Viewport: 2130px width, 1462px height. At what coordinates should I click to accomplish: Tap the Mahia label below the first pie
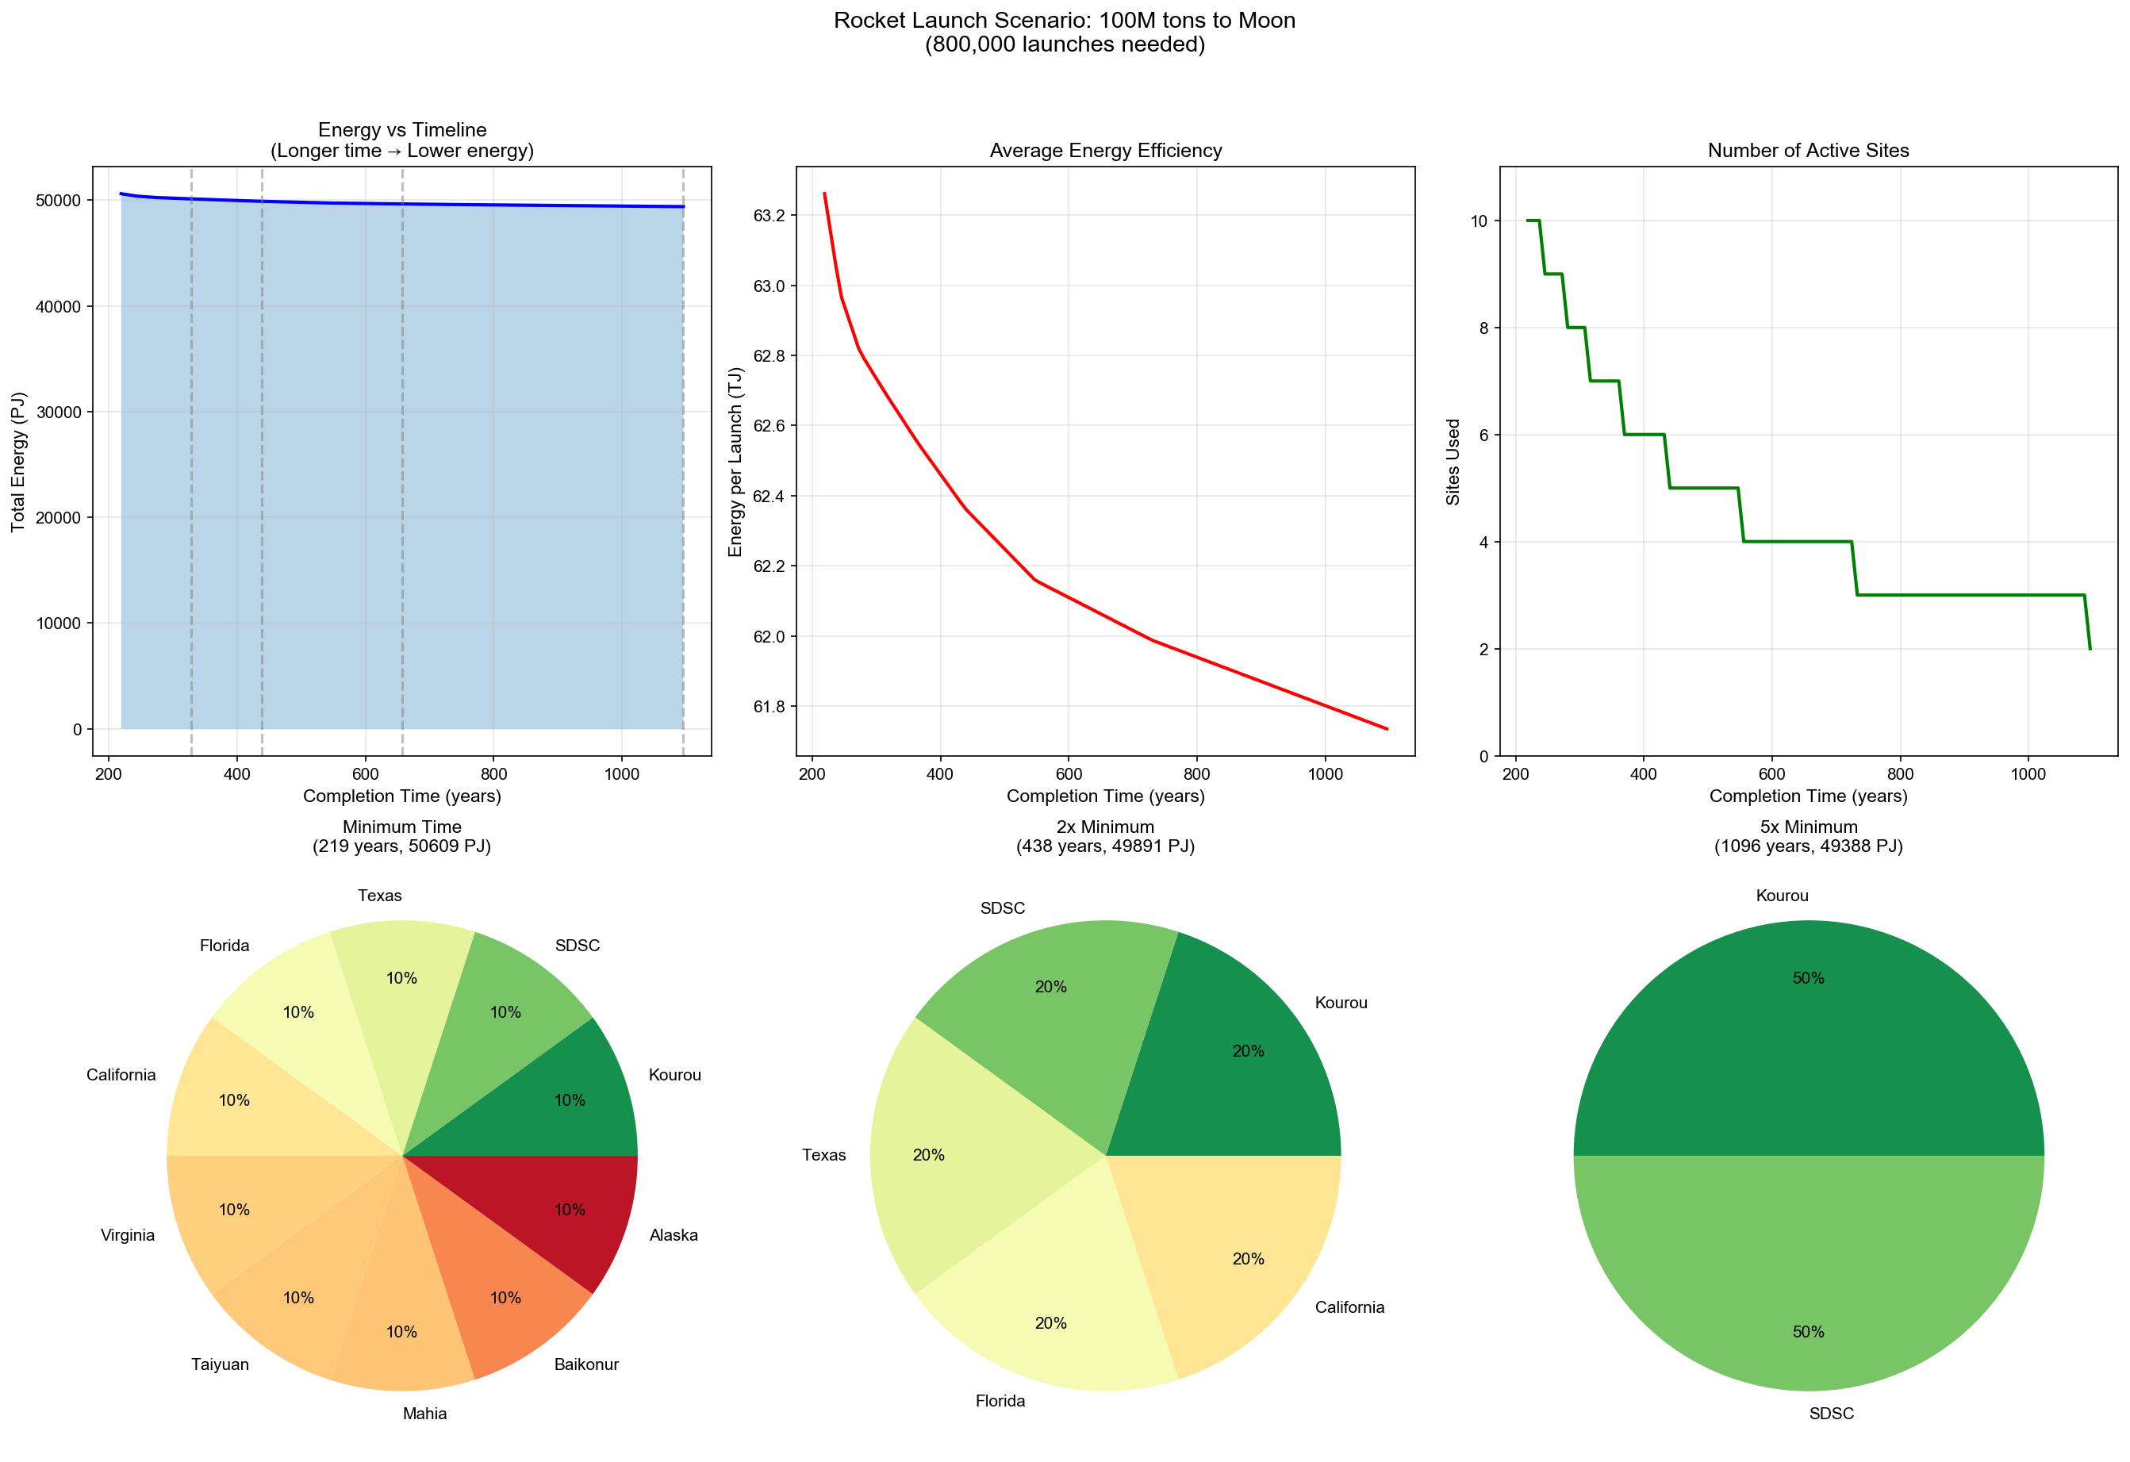[x=424, y=1414]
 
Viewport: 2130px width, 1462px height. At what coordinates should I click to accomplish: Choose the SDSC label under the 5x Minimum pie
[x=1831, y=1414]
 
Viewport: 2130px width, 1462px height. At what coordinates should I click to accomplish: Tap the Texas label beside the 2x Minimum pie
[x=824, y=1155]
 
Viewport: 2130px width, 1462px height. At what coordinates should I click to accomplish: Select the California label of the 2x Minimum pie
[x=1349, y=1307]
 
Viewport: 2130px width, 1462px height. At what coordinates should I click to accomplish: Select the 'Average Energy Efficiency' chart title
[x=1105, y=150]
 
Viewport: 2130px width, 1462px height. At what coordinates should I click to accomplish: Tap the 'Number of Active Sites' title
[x=1807, y=150]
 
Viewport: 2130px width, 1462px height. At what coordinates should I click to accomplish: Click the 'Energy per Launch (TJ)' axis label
[x=735, y=462]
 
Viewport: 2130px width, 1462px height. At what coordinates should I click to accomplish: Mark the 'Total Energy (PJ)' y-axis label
[x=18, y=462]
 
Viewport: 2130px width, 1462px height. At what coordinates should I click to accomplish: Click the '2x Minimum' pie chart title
[x=1105, y=827]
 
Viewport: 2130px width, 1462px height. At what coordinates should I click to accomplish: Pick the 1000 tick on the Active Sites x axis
[x=2028, y=773]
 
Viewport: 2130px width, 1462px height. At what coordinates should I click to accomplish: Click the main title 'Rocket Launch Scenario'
[x=1064, y=20]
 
